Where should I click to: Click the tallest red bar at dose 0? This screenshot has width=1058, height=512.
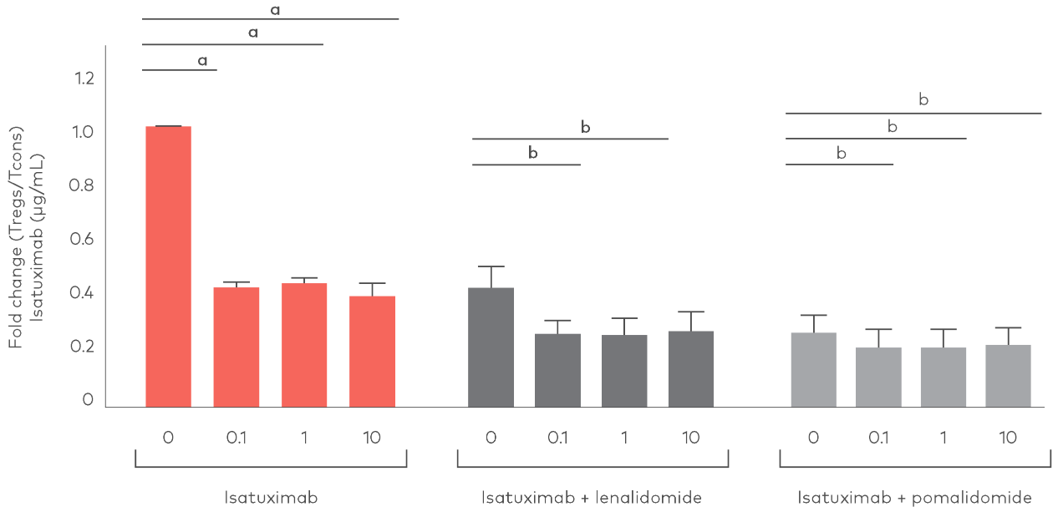[168, 267]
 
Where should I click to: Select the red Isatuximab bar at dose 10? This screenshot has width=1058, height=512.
[373, 352]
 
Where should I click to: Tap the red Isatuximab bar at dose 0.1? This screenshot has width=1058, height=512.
[237, 347]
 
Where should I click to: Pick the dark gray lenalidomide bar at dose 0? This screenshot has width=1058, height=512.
[491, 347]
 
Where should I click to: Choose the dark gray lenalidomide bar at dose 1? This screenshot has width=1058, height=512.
[624, 371]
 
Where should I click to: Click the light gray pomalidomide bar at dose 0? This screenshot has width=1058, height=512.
[813, 370]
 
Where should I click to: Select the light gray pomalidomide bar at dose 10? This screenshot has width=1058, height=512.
[1009, 376]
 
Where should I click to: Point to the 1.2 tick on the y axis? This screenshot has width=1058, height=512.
[85, 79]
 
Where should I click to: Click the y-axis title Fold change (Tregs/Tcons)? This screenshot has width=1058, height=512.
[17, 238]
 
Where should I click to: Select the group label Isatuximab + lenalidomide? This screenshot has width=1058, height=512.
[592, 499]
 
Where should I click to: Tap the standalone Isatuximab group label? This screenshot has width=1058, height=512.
[272, 499]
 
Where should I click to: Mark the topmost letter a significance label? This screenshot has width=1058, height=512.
[275, 9]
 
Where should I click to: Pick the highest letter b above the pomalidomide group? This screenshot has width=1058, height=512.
[923, 99]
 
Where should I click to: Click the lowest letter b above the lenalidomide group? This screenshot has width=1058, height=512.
[532, 154]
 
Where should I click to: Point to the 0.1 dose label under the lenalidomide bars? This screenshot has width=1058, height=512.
[557, 438]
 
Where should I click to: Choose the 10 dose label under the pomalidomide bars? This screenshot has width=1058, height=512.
[1009, 438]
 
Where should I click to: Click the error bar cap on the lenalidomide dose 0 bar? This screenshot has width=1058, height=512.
[491, 266]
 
